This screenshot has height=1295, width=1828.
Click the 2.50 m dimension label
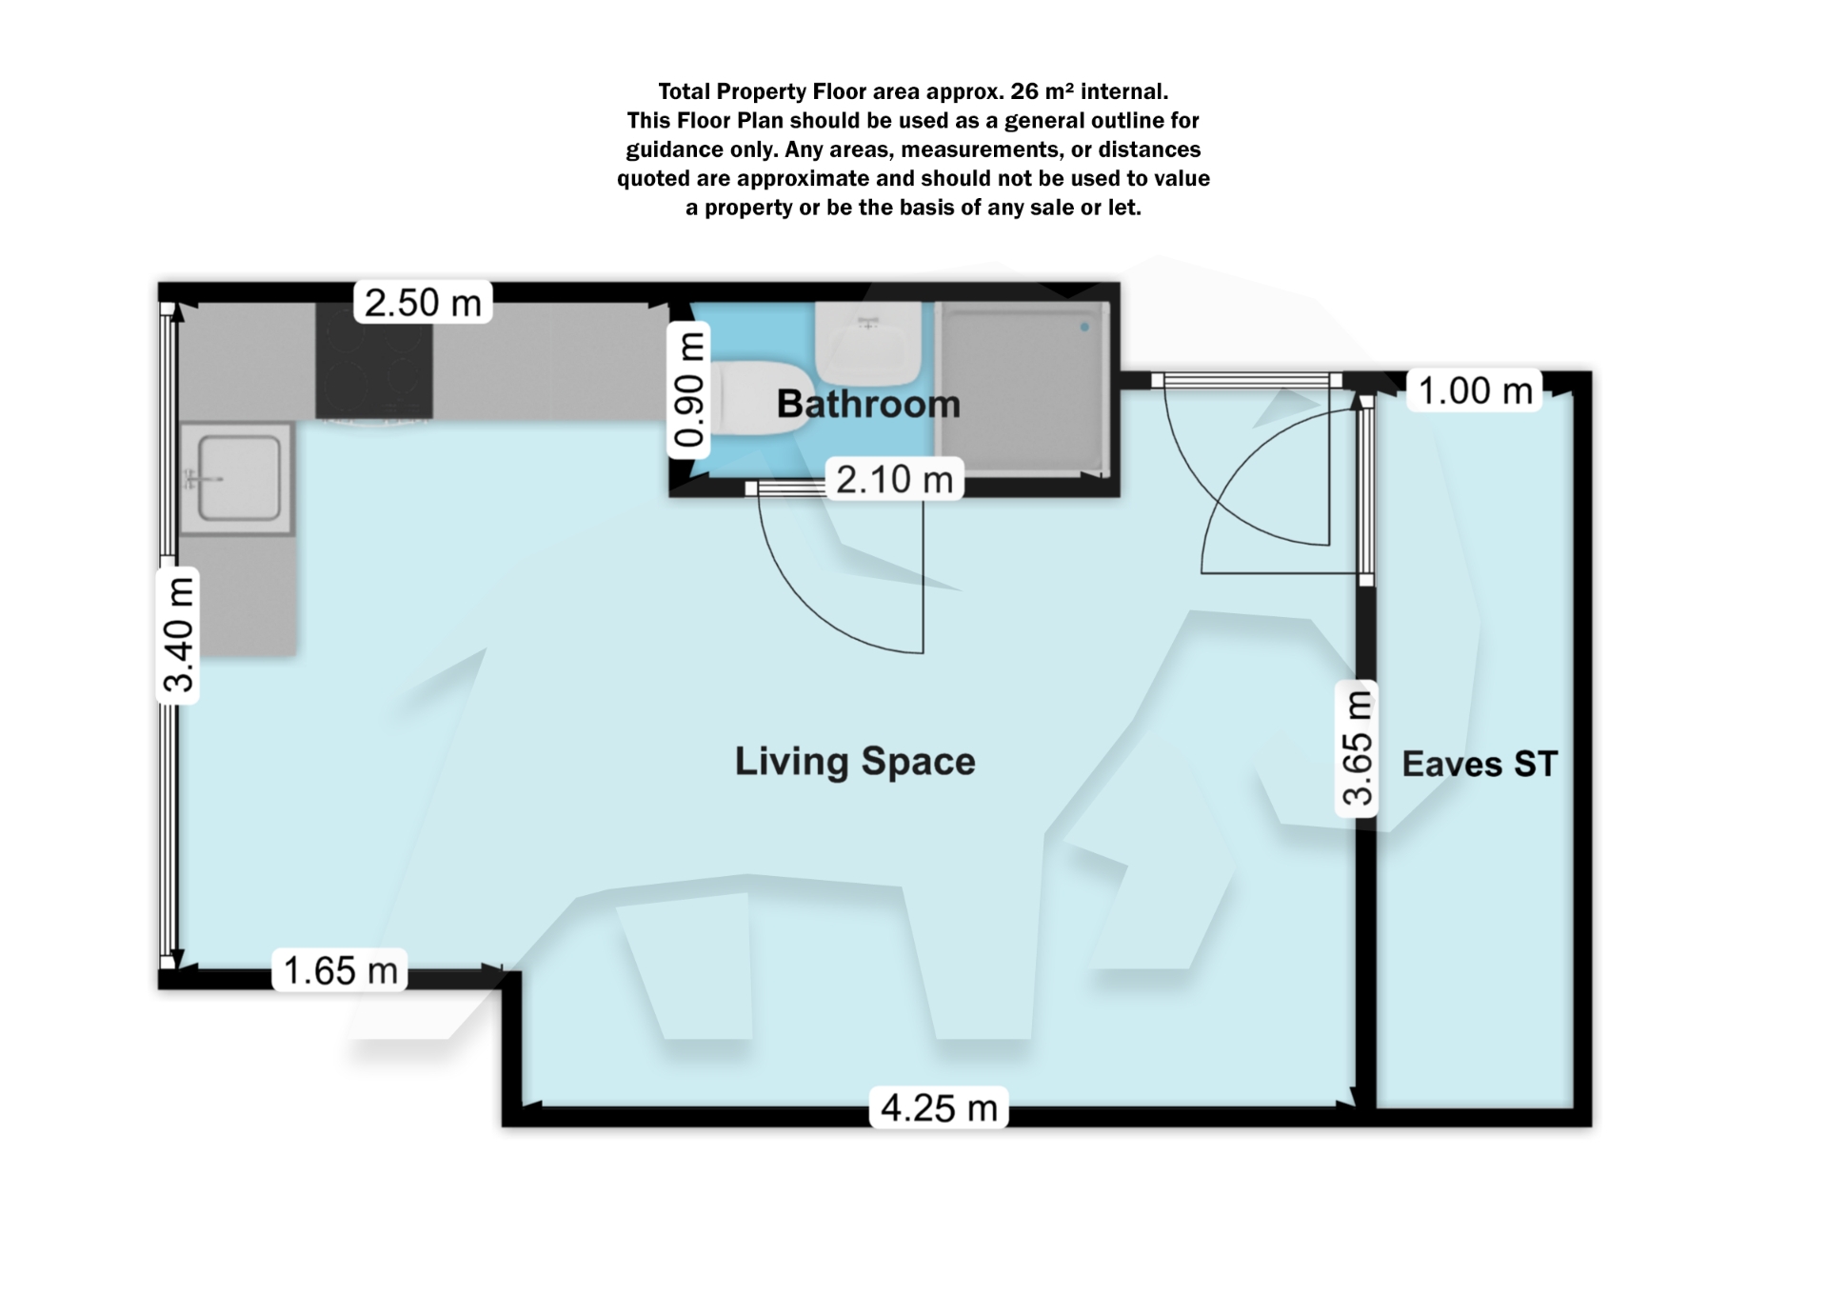coord(423,303)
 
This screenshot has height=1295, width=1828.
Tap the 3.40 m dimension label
coord(178,634)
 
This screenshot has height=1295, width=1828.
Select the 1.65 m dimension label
coord(340,970)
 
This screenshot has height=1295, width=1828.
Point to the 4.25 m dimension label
coord(938,1107)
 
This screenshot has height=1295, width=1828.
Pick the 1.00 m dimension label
coord(1475,390)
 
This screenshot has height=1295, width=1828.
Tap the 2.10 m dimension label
coord(894,479)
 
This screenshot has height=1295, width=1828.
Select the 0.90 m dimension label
coord(688,390)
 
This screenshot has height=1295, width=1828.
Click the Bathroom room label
coord(868,405)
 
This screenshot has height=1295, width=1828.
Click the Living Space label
coord(855,762)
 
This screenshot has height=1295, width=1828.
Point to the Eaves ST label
coord(1480,764)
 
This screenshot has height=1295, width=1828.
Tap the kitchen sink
coord(238,478)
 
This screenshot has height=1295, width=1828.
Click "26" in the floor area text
coord(1023,91)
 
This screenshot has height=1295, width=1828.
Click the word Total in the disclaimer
coord(684,91)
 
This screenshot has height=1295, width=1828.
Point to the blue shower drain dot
coord(1084,327)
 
